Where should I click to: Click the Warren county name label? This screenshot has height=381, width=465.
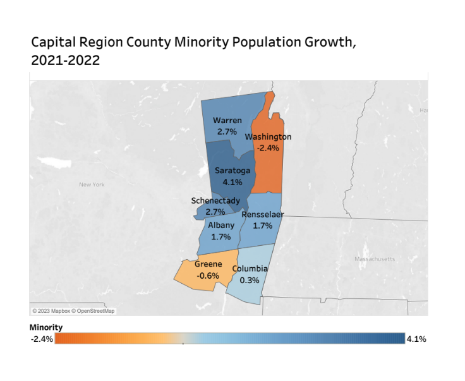(x=227, y=121)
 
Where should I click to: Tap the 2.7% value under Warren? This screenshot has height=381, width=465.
(x=227, y=132)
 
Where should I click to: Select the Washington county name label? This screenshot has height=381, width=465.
(x=268, y=136)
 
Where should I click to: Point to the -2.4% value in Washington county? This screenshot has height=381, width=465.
(x=268, y=148)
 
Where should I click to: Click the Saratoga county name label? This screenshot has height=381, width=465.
(x=232, y=171)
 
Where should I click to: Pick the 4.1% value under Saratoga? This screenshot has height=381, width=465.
(x=232, y=182)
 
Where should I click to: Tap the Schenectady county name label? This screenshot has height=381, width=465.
(x=215, y=201)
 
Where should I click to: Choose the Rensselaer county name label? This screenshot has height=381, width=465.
(x=263, y=214)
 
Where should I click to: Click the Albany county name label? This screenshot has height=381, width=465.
(x=221, y=225)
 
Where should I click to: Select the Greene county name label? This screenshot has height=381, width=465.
(x=208, y=265)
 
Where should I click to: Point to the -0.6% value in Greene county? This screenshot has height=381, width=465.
(x=208, y=276)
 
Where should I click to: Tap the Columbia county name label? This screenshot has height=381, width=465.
(x=250, y=269)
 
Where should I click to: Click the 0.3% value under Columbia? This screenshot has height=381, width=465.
(x=250, y=281)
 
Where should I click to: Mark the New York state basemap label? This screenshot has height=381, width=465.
(x=92, y=184)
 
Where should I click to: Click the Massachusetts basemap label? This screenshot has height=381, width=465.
(x=375, y=259)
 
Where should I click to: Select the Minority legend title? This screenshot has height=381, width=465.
(x=45, y=327)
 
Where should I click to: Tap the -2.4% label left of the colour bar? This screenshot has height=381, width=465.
(x=41, y=339)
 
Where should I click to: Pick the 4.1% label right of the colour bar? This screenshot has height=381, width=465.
(x=416, y=339)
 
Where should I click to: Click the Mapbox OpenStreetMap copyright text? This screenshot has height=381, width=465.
(x=74, y=311)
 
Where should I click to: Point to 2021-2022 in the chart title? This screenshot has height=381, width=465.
(x=66, y=62)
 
